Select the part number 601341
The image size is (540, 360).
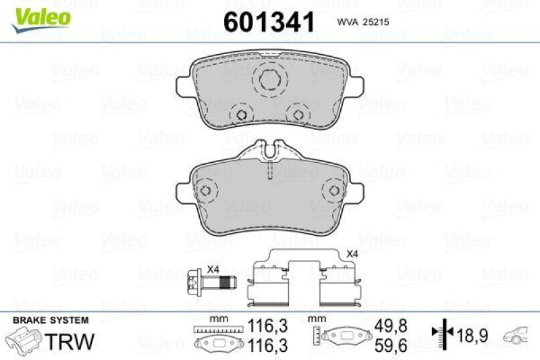(x=269, y=22)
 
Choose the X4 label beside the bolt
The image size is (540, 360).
(x=213, y=269)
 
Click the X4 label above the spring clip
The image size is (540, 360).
(x=352, y=254)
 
